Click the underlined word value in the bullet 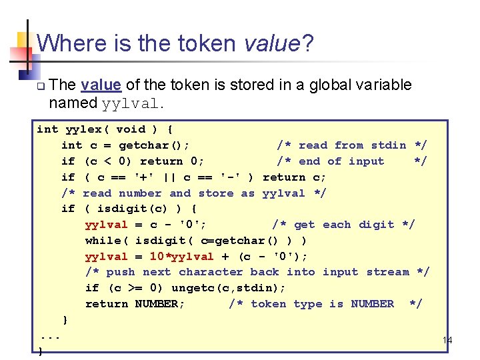click(101, 85)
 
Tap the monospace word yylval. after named click(132, 103)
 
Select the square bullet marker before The click(41, 86)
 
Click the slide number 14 click(447, 341)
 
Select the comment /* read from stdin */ click(351, 145)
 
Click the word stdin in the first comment click(389, 145)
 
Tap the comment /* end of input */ click(351, 161)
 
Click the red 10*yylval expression click(181, 257)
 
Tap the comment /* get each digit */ click(343, 225)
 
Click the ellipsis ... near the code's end click(51, 336)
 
